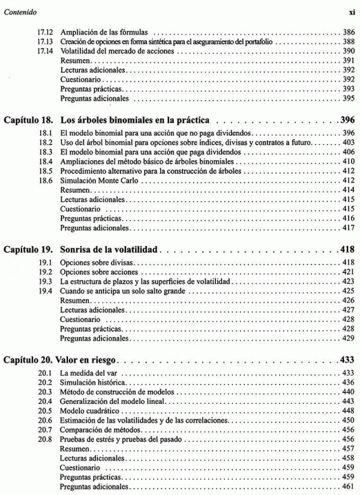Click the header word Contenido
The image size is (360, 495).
coord(20,11)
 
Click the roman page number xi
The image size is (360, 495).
coord(352,11)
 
